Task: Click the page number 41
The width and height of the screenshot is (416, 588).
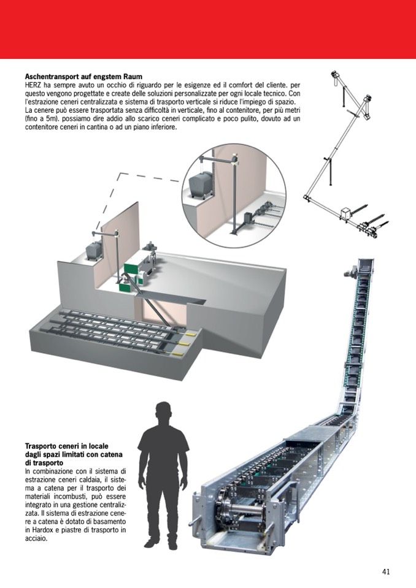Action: [385, 571]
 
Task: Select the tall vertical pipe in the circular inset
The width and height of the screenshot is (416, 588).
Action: [233, 196]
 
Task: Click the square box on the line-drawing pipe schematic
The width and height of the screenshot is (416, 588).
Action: [346, 213]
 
